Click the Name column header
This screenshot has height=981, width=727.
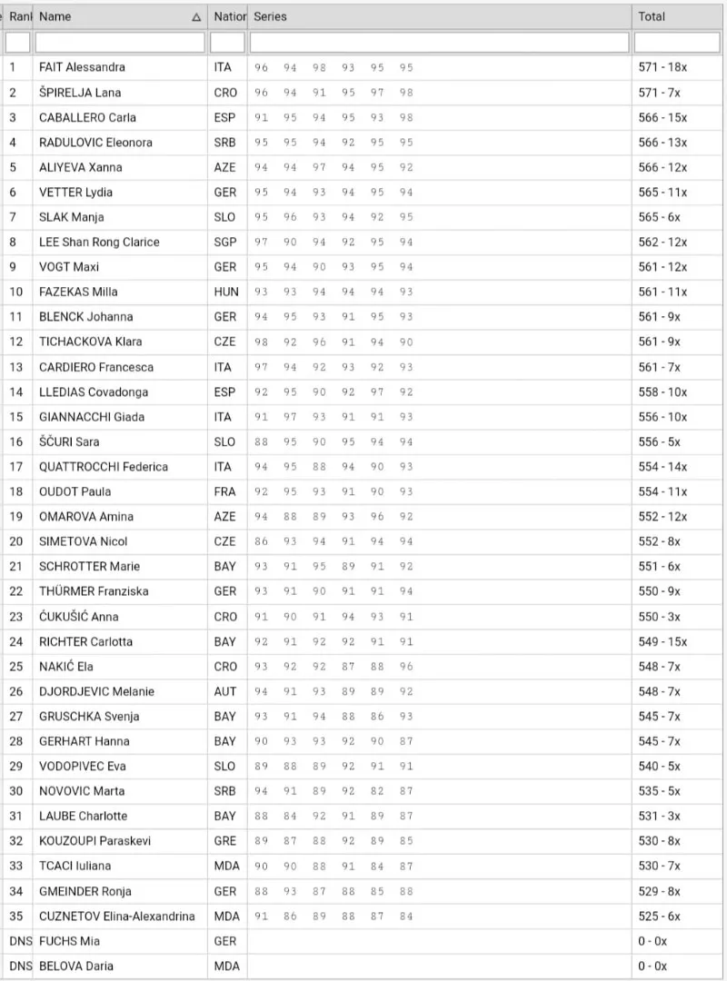55,16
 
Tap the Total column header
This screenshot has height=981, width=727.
652,16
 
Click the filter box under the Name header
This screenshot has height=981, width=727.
120,43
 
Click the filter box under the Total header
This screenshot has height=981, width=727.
676,43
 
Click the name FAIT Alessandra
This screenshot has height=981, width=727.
82,67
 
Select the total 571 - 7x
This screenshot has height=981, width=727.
661,93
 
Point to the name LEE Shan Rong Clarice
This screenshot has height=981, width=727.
99,242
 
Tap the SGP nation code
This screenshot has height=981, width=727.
225,242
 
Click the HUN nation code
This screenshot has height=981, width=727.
226,292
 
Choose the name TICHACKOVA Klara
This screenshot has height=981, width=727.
90,342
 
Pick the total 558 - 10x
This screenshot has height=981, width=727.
663,391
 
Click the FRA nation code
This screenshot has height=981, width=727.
225,491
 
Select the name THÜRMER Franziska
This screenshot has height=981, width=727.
94,591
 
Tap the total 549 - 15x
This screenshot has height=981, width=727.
663,641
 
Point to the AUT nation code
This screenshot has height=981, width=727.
225,691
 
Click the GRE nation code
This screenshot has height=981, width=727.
225,841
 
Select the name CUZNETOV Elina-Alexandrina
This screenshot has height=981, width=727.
116,916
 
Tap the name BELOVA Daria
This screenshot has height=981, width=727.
76,966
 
